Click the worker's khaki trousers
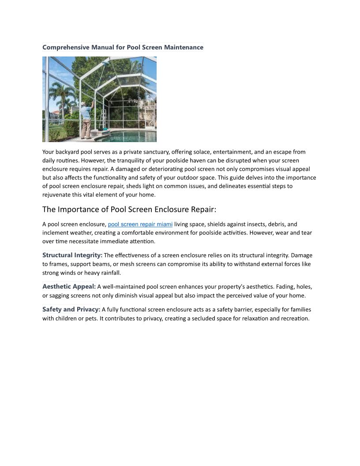click(x=86, y=128)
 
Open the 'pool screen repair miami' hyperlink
click(x=140, y=224)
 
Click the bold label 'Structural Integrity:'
click(x=72, y=255)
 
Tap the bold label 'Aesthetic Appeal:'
click(x=69, y=287)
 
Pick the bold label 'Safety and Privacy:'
click(x=71, y=309)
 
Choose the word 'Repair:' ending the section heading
click(x=203, y=209)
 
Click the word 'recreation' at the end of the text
click(x=294, y=318)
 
